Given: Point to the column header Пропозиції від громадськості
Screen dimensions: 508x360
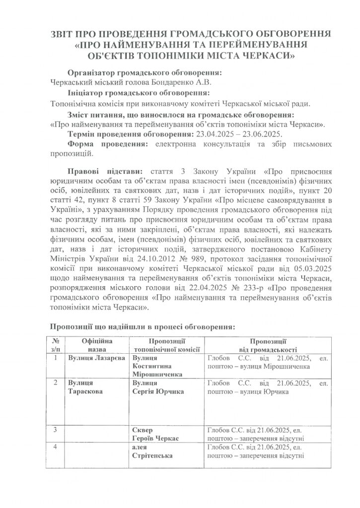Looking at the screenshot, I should (267, 346).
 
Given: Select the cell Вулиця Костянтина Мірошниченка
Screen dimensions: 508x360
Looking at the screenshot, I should (157, 366).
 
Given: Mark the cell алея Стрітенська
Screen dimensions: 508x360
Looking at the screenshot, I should (153, 453).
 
